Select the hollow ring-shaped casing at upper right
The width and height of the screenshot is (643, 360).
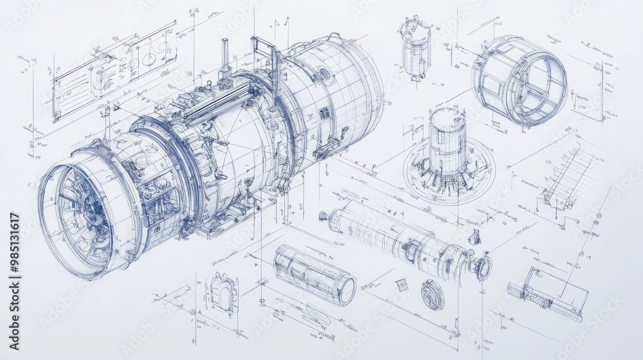pos(520,80)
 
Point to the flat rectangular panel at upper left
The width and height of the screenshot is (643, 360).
pos(113,71)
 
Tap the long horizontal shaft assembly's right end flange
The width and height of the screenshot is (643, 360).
pos(482,267)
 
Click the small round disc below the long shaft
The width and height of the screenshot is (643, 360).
pos(432,294)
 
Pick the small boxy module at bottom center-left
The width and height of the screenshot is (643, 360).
pos(222,292)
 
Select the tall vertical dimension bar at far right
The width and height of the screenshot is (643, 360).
pos(603,91)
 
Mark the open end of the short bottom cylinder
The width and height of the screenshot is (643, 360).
pos(347,290)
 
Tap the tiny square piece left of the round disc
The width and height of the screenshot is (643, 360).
pos(402,285)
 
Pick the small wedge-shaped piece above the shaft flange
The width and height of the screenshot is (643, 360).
pos(475,237)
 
